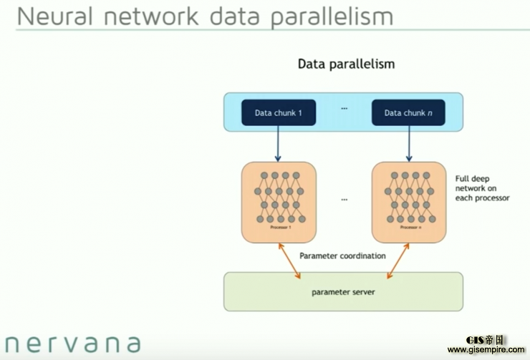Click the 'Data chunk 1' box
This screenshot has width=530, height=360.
pos(279,112)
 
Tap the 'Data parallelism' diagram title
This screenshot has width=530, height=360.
pos(346,64)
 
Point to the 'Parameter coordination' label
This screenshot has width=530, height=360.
pos(342,256)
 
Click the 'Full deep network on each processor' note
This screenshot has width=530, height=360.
pos(482,188)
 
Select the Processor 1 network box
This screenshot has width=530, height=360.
pos(279,201)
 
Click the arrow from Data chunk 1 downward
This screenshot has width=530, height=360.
pos(279,143)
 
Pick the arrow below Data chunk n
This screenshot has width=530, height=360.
pos(409,143)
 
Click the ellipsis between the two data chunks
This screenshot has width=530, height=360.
pos(344,109)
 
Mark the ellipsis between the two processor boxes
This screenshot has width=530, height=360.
pos(344,199)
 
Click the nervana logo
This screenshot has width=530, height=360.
pos(72,344)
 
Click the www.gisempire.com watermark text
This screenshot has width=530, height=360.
pos(487,351)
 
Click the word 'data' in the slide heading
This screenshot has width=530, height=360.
pos(234,16)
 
